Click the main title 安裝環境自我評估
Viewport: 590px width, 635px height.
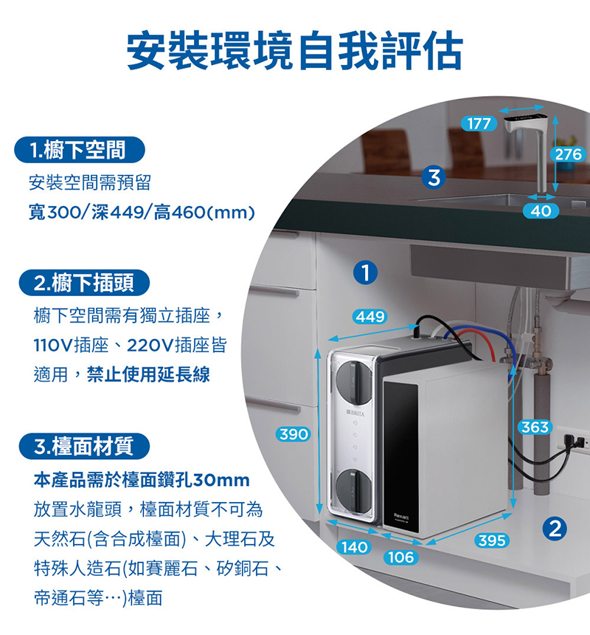pyautogui.click(x=295, y=49)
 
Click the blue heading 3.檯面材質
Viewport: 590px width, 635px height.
pyautogui.click(x=83, y=446)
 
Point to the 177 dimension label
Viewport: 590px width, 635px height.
pyautogui.click(x=479, y=124)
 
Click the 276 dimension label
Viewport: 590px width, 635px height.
pyautogui.click(x=569, y=154)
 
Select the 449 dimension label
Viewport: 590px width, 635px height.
pyautogui.click(x=369, y=317)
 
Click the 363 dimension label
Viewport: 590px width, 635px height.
pyautogui.click(x=534, y=428)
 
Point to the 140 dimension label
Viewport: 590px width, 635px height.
pyautogui.click(x=355, y=547)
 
